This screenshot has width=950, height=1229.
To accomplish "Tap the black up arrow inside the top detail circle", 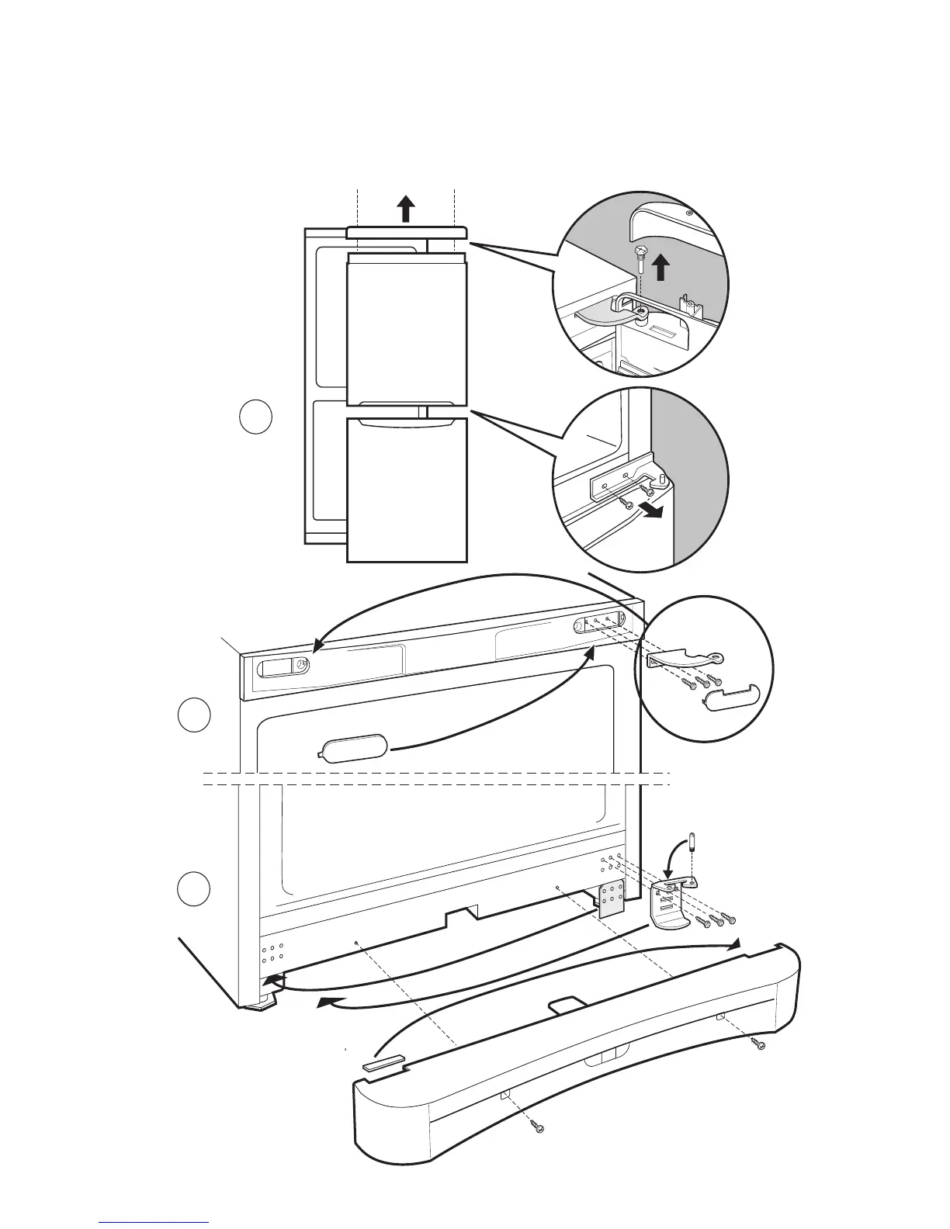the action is (660, 268).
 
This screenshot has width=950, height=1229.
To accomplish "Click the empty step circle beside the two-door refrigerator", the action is (255, 417).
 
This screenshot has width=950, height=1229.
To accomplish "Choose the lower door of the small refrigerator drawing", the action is (407, 489).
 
